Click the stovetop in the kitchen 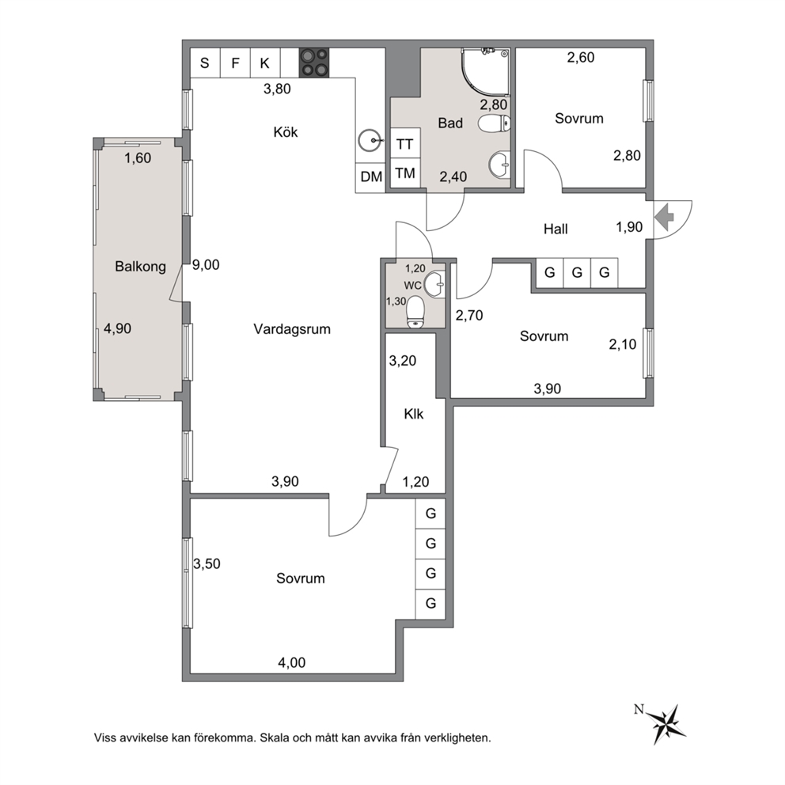point(314,63)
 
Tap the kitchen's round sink point(370,141)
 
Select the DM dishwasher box point(370,176)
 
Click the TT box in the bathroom point(405,144)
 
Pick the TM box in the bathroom point(405,173)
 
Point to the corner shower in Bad point(485,71)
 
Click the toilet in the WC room point(415,312)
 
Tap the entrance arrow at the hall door point(665,217)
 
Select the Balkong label point(140,267)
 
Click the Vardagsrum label point(292,329)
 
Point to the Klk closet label point(414,414)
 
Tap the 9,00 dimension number point(206,265)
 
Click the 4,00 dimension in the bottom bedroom point(291,663)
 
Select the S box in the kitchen point(205,63)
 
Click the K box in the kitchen point(265,63)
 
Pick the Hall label point(556,229)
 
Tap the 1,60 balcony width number point(138,158)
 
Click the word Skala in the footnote point(275,738)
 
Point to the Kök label point(286,131)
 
